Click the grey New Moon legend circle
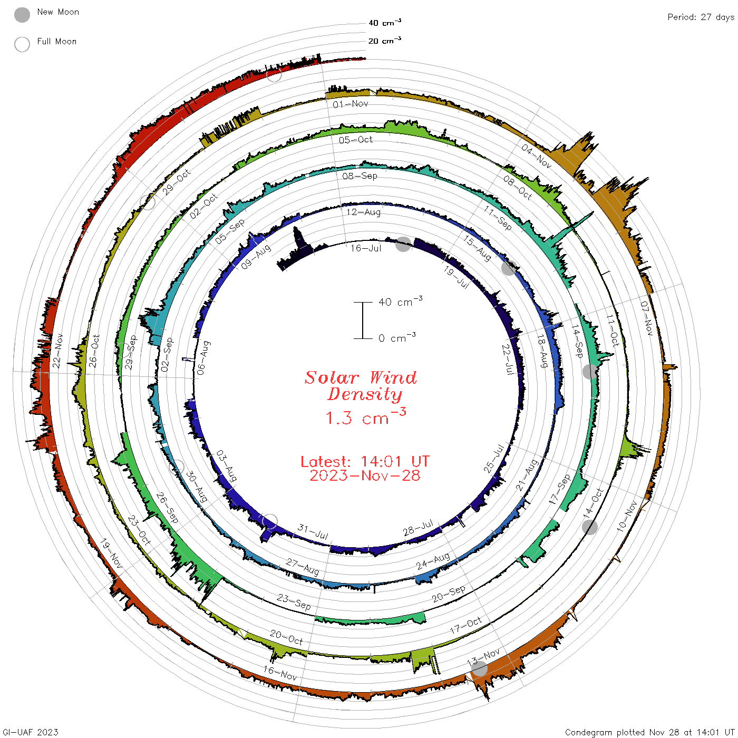22,15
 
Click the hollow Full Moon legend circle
22,44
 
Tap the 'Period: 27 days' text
701,17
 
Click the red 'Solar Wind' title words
361,377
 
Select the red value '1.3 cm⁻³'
366,416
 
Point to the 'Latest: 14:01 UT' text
365,461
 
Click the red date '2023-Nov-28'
365,475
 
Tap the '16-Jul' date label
366,248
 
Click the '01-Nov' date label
351,104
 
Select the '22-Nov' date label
57,351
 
